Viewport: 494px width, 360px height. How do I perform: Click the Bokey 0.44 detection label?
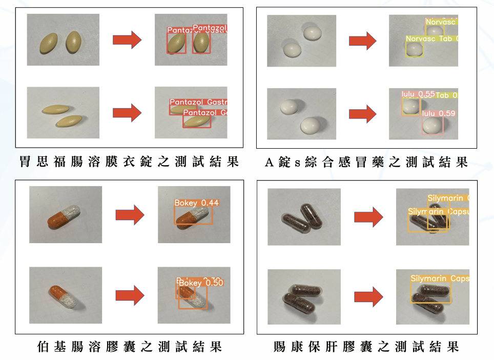[x=196, y=203]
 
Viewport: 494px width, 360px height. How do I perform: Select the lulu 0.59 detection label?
[x=438, y=113]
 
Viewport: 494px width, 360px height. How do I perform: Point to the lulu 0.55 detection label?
[x=418, y=94]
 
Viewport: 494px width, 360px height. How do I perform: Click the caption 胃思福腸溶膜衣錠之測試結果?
[x=129, y=163]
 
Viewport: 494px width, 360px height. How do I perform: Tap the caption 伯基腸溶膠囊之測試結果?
[x=130, y=347]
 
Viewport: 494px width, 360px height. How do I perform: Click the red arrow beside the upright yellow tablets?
[x=127, y=40]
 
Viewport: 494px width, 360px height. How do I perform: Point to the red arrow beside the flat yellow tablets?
[x=127, y=113]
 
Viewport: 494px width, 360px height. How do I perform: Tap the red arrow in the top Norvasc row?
[x=363, y=41]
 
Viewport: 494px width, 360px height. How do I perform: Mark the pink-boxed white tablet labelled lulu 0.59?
[x=433, y=125]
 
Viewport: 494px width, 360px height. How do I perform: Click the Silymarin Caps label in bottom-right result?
[x=439, y=279]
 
